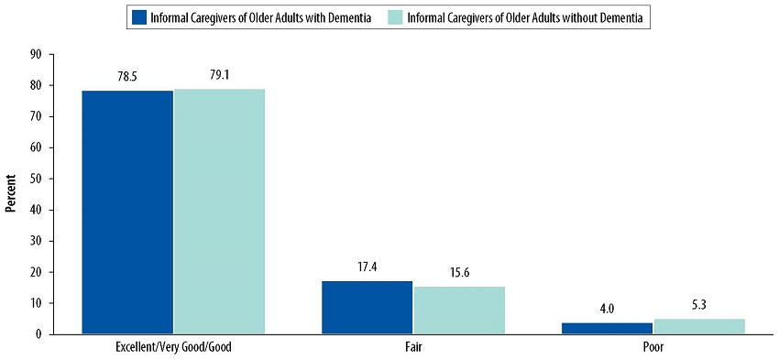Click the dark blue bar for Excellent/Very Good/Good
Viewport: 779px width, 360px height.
click(x=127, y=212)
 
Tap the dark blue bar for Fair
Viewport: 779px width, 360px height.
click(x=367, y=307)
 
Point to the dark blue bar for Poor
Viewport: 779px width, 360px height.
click(x=607, y=328)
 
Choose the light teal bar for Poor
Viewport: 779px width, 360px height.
click(x=699, y=325)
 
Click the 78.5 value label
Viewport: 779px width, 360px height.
click(x=127, y=77)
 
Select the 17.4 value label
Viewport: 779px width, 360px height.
click(x=367, y=267)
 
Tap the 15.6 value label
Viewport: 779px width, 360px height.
click(x=459, y=273)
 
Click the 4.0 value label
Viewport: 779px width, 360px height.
click(x=607, y=309)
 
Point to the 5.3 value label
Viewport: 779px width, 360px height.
click(x=699, y=305)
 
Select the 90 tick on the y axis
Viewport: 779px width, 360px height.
click(x=37, y=54)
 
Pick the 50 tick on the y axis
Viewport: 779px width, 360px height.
click(x=37, y=179)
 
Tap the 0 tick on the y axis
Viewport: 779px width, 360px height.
click(x=39, y=334)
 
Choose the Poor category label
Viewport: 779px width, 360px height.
click(x=653, y=349)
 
